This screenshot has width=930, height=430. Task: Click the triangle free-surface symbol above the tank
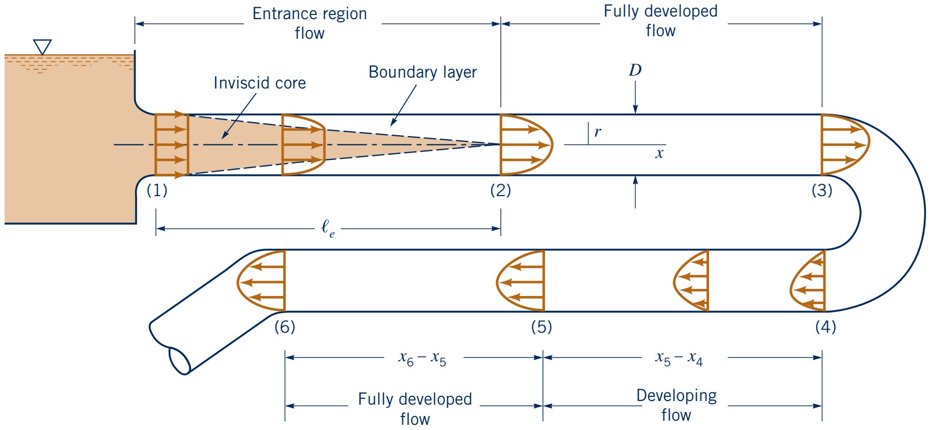42,47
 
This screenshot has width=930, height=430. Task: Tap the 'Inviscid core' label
259,83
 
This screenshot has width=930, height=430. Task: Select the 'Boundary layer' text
422,72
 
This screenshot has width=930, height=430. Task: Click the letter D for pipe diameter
635,70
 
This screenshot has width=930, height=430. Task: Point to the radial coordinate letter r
598,132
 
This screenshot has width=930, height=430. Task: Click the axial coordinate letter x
659,153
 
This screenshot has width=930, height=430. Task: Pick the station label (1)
157,190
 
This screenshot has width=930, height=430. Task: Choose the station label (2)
500,190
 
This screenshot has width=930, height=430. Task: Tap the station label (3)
822,190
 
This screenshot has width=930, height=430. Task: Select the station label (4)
825,327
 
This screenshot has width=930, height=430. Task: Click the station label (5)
541,327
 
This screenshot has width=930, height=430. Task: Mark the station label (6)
285,327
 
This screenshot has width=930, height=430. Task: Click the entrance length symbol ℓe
328,228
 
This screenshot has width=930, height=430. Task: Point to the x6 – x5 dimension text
422,358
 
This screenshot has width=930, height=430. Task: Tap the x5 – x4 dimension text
679,358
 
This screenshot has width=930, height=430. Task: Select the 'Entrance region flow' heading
309,23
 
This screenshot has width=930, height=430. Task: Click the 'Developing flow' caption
676,405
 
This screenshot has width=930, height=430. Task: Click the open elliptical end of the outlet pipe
180,361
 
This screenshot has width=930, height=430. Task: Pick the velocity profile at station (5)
521,281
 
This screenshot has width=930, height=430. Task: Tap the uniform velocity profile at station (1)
171,145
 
